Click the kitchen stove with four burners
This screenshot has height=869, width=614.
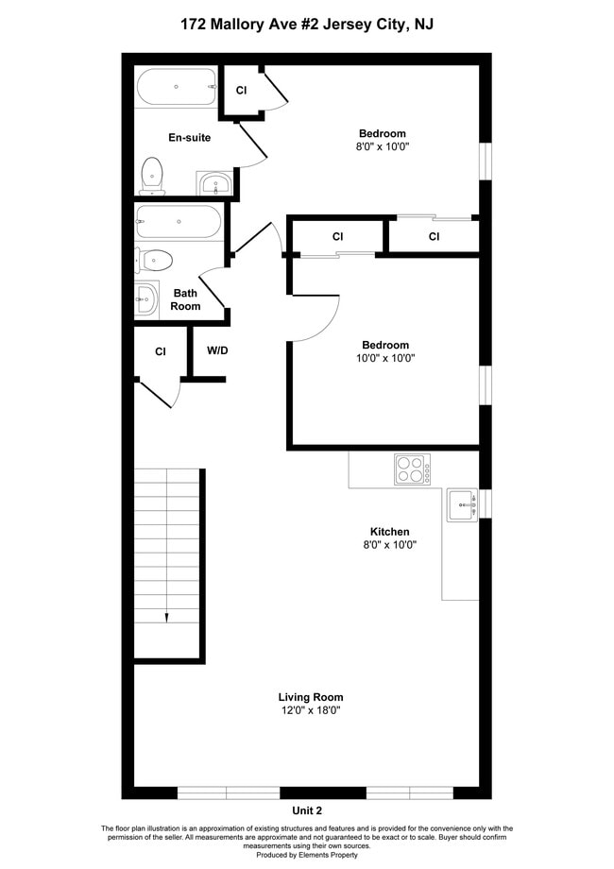[412, 469]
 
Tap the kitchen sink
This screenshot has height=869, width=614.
[462, 505]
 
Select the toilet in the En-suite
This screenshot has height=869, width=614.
[151, 175]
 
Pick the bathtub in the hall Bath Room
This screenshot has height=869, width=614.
[179, 222]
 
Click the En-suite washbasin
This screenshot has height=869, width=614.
[215, 183]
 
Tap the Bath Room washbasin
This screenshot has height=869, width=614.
[146, 299]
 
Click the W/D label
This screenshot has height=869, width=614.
[217, 350]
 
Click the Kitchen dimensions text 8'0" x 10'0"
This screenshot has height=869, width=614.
[389, 545]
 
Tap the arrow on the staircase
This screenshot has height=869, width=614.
[167, 617]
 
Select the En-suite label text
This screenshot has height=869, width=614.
[189, 138]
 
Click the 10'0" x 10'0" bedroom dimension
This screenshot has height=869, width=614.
[385, 358]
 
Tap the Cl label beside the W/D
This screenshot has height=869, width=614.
[161, 351]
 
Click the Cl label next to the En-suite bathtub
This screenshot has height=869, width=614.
[241, 90]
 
